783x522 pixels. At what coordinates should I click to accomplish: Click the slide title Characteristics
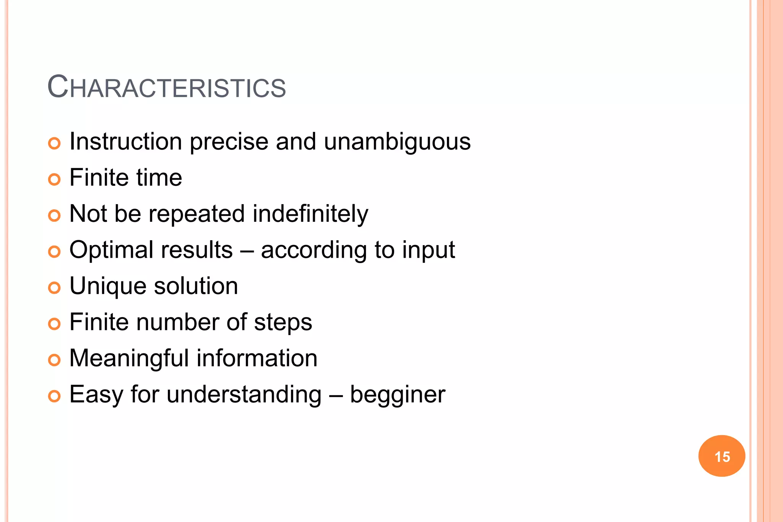pos(166,87)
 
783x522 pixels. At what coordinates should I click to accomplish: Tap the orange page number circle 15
pos(721,456)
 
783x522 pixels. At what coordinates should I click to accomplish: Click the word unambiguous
pos(397,142)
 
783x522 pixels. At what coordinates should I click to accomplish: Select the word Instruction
pos(126,142)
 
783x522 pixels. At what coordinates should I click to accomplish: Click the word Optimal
pos(111,250)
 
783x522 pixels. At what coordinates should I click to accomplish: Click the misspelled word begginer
pos(398,395)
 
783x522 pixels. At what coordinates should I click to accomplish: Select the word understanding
pos(244,395)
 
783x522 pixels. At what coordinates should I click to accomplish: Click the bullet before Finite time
pos(54,179)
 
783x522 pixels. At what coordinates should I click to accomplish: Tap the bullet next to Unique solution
pos(54,288)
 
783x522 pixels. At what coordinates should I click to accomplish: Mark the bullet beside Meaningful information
pos(54,360)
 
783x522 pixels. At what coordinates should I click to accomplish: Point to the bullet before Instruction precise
pos(54,143)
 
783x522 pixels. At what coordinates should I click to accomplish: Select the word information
pos(257,358)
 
